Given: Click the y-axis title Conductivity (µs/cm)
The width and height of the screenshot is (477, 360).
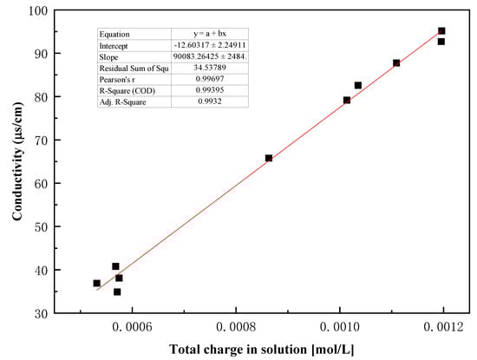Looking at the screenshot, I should tap(17, 161).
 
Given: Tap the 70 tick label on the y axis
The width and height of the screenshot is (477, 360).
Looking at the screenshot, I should tap(40, 140).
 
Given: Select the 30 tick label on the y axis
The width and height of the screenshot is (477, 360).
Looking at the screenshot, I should tap(40, 312).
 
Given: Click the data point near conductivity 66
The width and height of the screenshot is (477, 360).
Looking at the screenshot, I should tap(269, 158).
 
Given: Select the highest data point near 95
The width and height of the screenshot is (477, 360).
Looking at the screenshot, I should tap(441, 31).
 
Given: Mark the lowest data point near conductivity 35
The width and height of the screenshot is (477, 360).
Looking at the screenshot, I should tap(117, 291).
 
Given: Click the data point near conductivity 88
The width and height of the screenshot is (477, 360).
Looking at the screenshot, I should tap(396, 62).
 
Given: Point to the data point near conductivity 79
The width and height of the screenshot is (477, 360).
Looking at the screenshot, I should tap(347, 100).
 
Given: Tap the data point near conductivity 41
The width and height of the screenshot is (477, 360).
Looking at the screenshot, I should tap(115, 266).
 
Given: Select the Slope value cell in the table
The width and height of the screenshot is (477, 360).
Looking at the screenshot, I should tap(209, 56).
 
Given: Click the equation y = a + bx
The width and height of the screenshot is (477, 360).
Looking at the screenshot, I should tap(209, 34).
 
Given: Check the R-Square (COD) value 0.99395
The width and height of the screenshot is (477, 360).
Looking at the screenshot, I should tap(209, 90).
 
